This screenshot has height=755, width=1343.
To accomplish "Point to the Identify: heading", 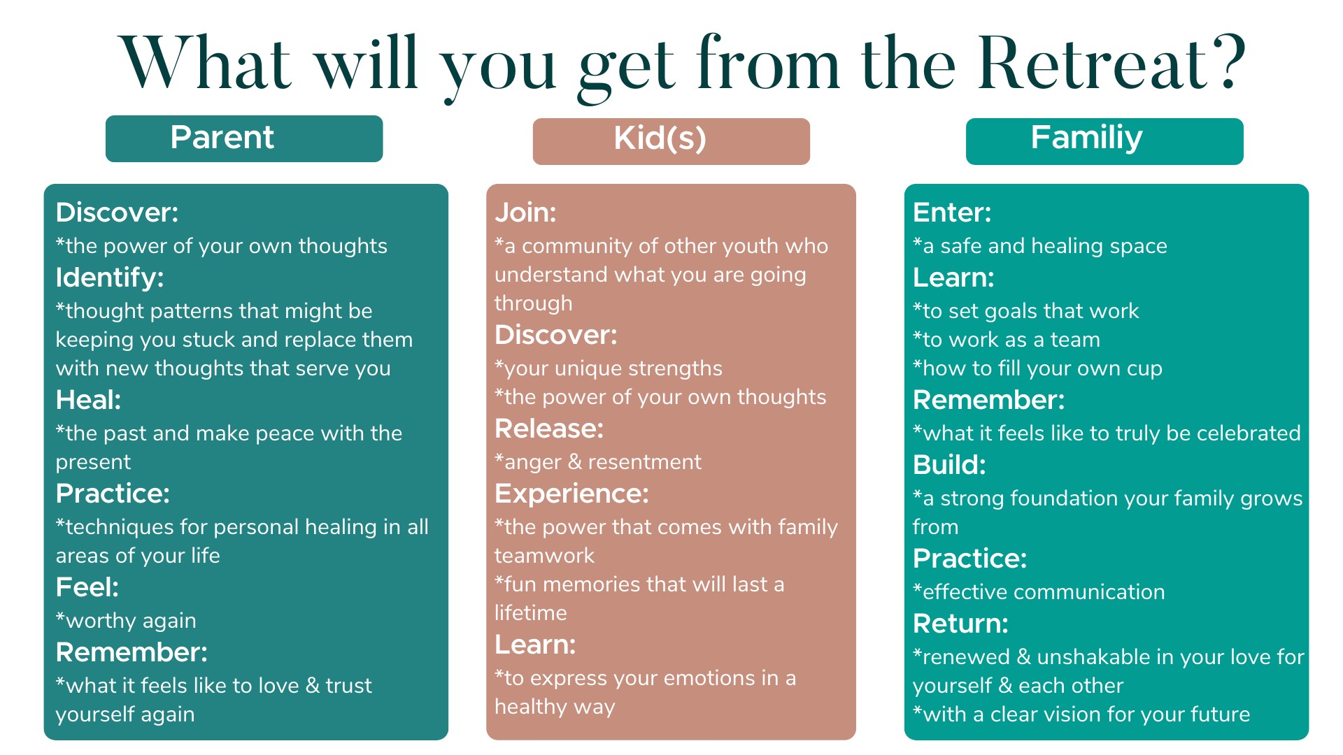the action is (x=110, y=278).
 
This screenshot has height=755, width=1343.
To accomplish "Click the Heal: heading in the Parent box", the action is (x=88, y=400).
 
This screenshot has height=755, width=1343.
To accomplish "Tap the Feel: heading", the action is (x=87, y=587).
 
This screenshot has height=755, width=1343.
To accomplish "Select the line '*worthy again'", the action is (x=126, y=621).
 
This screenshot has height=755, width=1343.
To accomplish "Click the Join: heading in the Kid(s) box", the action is (x=525, y=213).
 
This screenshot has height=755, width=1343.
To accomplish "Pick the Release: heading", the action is (x=549, y=429).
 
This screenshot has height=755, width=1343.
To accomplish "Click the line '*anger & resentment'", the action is (x=598, y=462).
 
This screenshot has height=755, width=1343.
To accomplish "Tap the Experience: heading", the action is (x=571, y=494).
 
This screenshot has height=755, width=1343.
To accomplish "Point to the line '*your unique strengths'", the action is (x=609, y=369).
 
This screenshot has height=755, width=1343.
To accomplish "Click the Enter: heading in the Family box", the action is (x=952, y=213).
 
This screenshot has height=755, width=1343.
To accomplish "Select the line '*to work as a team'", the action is (x=1007, y=340).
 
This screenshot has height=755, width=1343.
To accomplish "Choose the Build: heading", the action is (x=949, y=465).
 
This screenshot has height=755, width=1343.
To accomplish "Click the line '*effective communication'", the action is (x=1039, y=592).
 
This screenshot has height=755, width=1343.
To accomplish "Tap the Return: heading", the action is (x=960, y=624).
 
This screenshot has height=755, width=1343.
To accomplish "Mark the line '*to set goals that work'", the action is (x=1026, y=311).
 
